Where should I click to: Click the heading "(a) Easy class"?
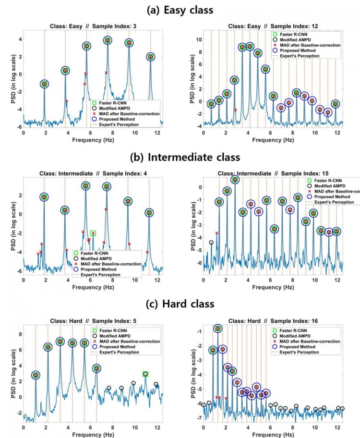(180, 9)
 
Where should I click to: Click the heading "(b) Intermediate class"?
(180, 157)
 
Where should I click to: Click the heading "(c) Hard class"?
(180, 304)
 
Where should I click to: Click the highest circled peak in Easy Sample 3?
(108, 40)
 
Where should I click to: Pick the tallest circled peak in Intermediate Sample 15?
(235, 180)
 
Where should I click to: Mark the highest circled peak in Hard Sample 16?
(218, 328)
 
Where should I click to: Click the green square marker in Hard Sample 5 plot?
(145, 374)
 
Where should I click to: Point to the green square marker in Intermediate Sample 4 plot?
(93, 233)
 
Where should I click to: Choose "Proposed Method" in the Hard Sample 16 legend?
(298, 346)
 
